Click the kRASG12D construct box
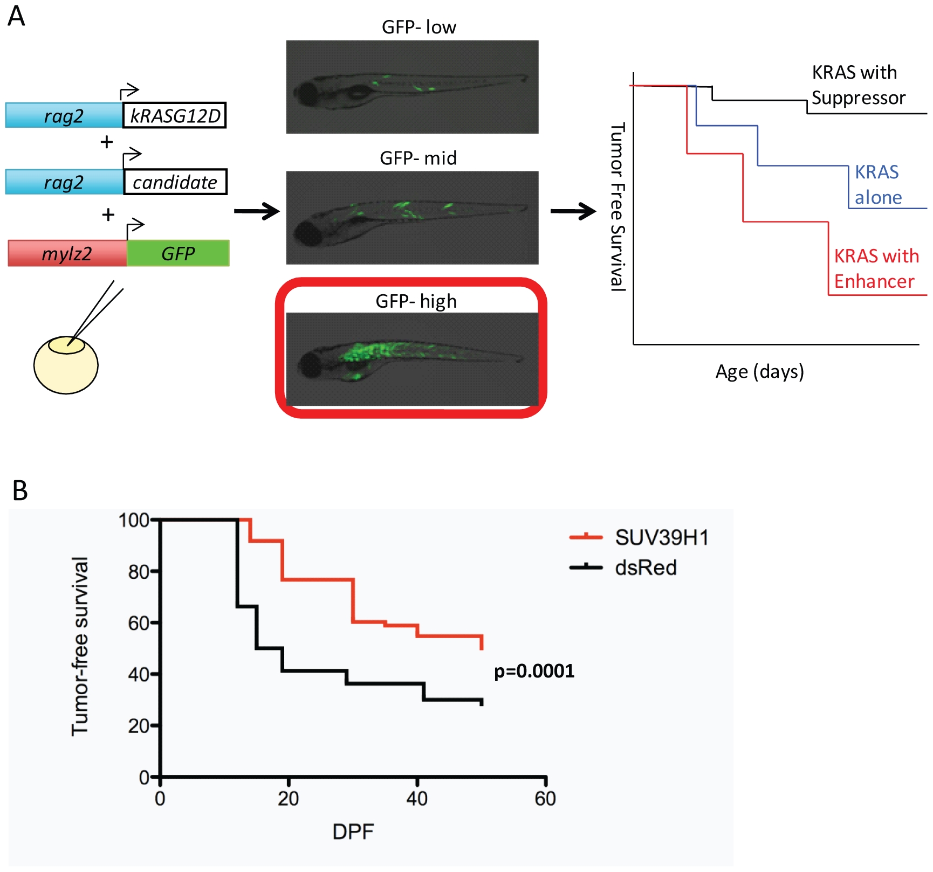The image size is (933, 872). click(x=174, y=115)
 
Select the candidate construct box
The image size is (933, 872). click(x=175, y=182)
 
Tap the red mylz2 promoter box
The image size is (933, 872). click(x=67, y=253)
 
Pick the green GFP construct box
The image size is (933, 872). click(x=178, y=253)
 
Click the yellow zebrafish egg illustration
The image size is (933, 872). click(x=66, y=365)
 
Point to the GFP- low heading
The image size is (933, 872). click(x=419, y=27)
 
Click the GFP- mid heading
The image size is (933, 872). click(x=419, y=158)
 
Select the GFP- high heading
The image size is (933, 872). click(x=416, y=301)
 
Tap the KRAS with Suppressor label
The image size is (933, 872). click(x=859, y=85)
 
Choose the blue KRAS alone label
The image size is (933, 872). click(x=878, y=185)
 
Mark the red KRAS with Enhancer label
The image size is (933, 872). click(x=876, y=268)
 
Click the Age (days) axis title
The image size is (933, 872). click(x=759, y=372)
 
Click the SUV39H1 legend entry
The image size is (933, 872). click(x=640, y=537)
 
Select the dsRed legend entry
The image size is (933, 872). click(x=623, y=568)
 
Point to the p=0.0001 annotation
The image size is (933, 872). click(x=534, y=672)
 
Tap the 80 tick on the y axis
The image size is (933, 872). click(x=139, y=571)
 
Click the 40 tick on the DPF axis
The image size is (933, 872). click(x=417, y=798)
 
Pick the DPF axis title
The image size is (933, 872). click(x=353, y=832)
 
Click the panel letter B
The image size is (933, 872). click(x=20, y=490)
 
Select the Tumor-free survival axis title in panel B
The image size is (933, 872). click(x=80, y=646)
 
